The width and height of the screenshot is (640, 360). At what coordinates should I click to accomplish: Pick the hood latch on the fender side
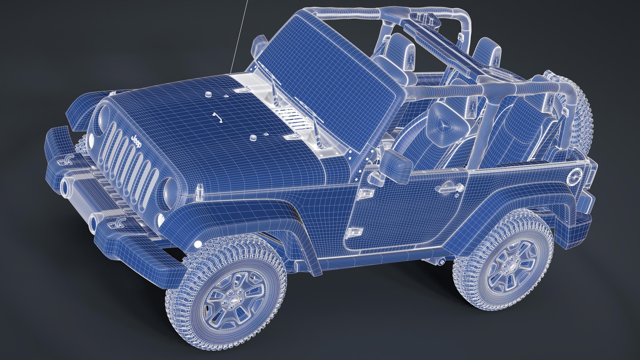(200, 190)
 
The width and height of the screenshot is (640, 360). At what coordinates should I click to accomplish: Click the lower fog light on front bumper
(94, 221)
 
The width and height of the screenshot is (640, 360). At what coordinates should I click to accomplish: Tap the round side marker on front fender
(198, 244)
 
